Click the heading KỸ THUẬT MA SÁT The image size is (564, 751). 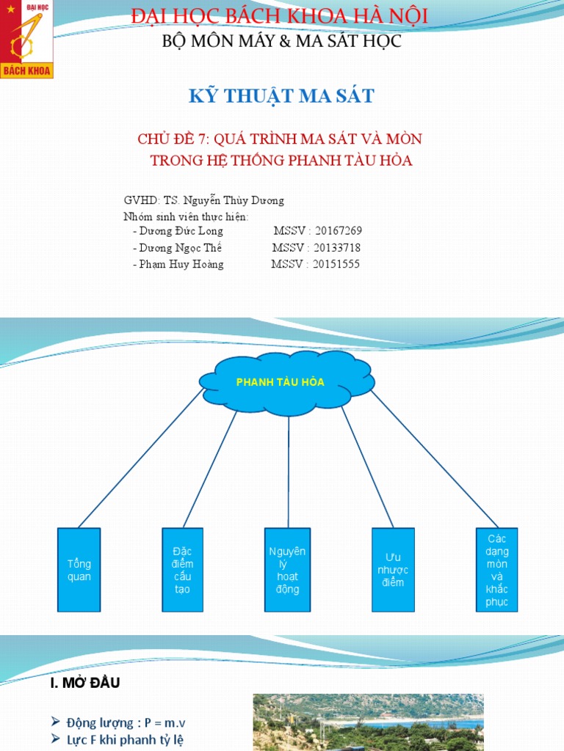pos(283,95)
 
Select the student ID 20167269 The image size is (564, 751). pos(339,231)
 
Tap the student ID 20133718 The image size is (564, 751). pos(338,248)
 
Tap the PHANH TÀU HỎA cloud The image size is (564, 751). pos(286,382)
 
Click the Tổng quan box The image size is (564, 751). pos(79,570)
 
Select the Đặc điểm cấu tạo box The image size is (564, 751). pos(183,570)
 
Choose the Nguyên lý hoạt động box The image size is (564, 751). pos(288,570)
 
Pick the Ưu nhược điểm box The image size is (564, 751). pos(393,570)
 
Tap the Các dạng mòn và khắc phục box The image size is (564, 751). pos(497,570)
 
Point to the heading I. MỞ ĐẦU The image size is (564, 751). pos(84,684)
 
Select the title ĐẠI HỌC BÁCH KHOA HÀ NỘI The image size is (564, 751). pos(279,16)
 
